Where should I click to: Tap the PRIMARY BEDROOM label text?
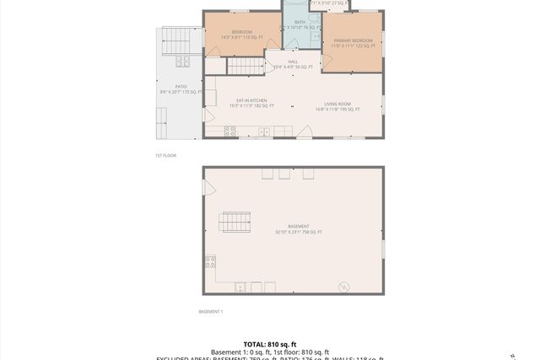tap(352, 40)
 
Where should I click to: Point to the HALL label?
tap(293, 62)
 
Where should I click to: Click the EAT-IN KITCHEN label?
tap(251, 100)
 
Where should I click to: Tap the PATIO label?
tap(181, 86)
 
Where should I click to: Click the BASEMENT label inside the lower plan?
tap(298, 226)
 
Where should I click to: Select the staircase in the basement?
tap(235, 222)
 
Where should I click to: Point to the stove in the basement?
tap(210, 262)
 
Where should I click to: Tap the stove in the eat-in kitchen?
tap(229, 131)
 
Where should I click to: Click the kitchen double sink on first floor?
tap(264, 132)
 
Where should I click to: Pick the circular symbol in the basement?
tap(343, 287)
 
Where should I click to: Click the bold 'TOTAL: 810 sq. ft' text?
tap(270, 344)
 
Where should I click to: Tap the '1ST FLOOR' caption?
tap(165, 155)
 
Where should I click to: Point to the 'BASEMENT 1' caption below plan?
tap(210, 312)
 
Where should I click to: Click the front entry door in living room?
tap(304, 132)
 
